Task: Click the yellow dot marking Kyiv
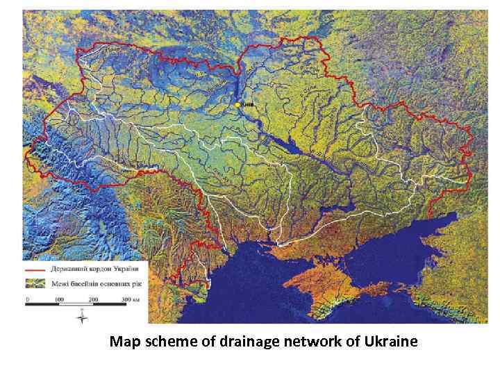pos(237,104)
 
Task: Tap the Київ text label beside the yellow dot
pos(247,105)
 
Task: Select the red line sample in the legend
pos(35,269)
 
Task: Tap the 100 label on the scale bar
pos(59,299)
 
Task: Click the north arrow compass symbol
pos(81,317)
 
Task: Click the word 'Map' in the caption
pos(123,342)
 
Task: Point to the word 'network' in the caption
pos(307,342)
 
